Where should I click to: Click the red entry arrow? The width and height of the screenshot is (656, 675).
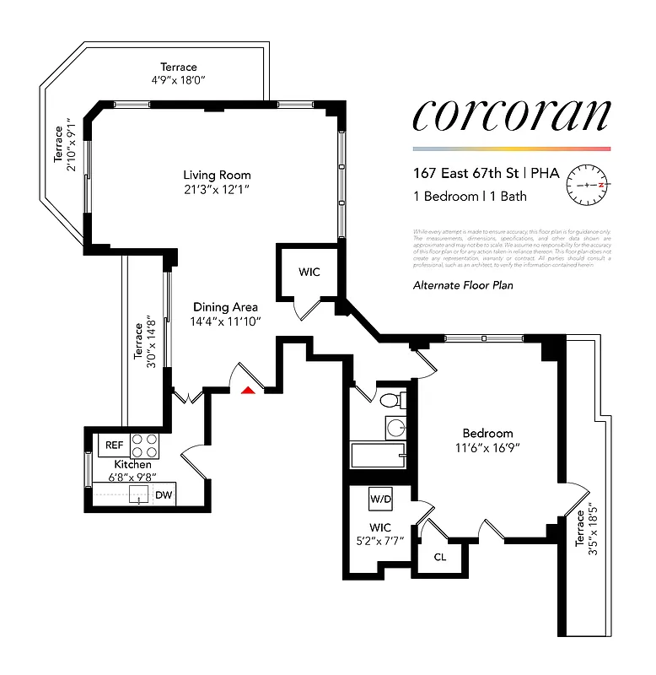pyautogui.click(x=247, y=389)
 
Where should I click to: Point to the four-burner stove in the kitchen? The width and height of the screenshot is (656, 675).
pyautogui.click(x=146, y=445)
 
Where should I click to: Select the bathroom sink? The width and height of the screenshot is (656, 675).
pyautogui.click(x=395, y=427)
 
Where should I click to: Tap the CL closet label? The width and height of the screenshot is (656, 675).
pyautogui.click(x=440, y=556)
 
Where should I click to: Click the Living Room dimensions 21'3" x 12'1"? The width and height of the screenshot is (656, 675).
pyautogui.click(x=214, y=190)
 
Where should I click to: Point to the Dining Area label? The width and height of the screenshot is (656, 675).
pyautogui.click(x=225, y=307)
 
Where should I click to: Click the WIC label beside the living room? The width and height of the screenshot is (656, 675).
pyautogui.click(x=309, y=273)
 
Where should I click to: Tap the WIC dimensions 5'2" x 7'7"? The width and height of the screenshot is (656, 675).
pyautogui.click(x=379, y=541)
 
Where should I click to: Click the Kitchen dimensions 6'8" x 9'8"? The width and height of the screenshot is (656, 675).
pyautogui.click(x=133, y=478)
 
